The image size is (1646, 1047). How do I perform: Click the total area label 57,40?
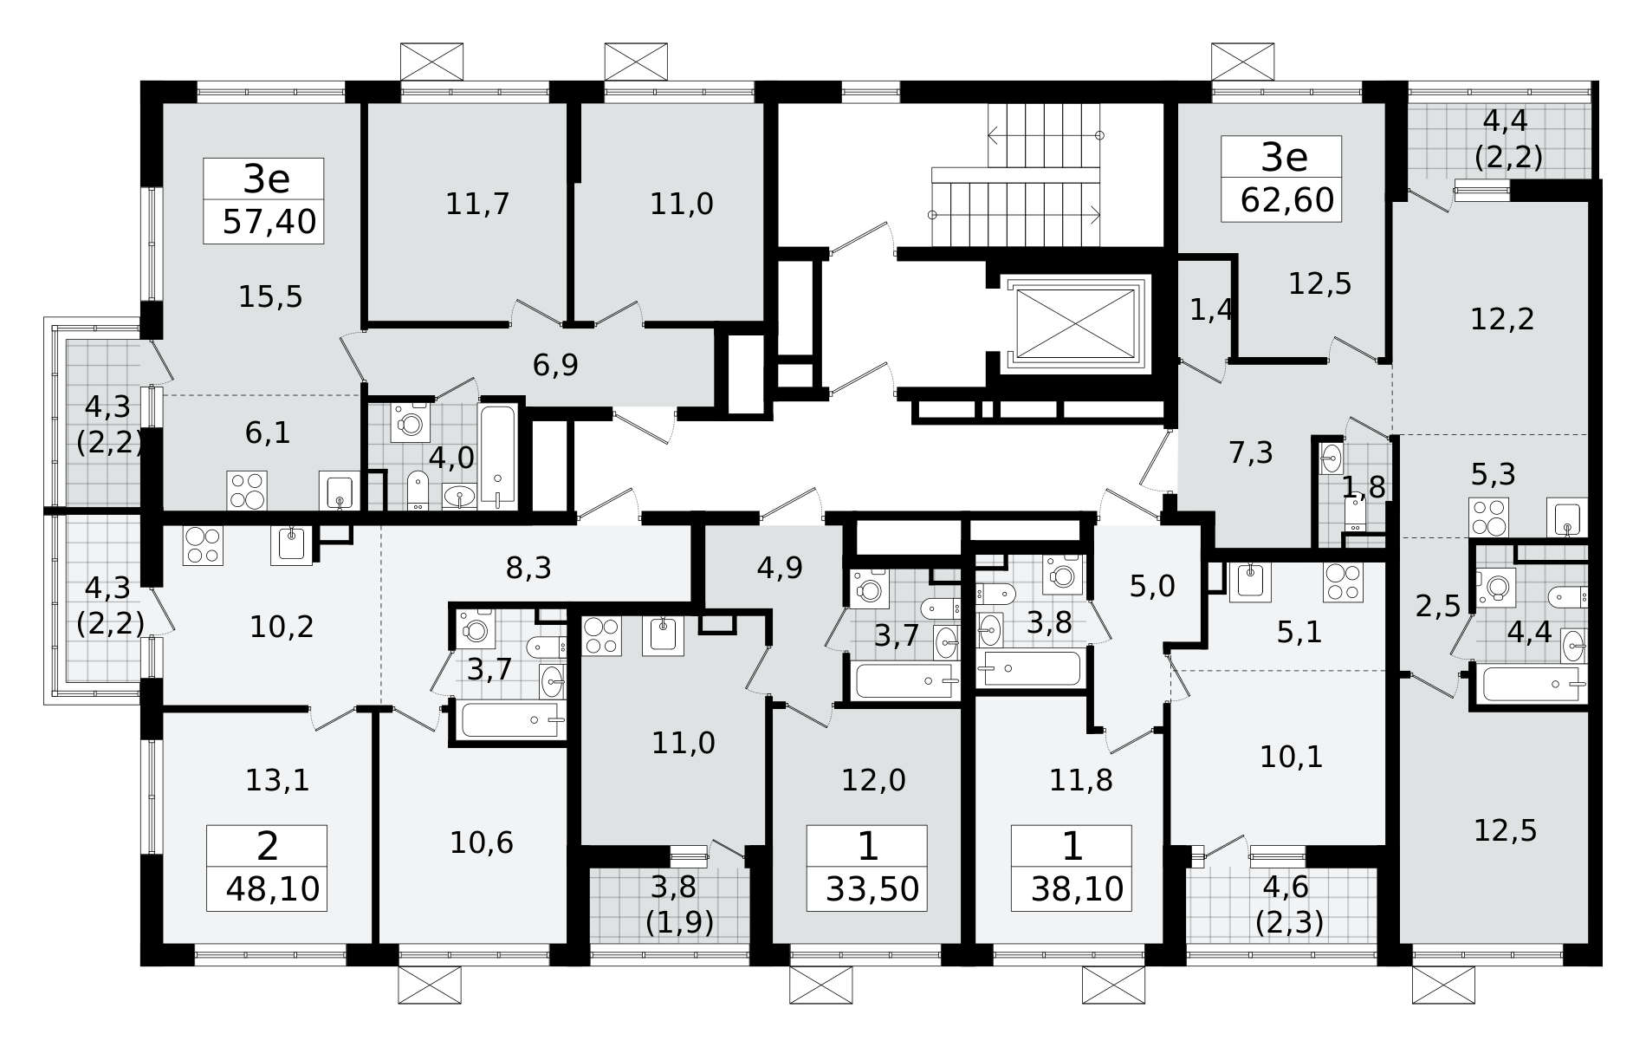(x=269, y=223)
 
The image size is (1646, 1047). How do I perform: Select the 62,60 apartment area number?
(x=1287, y=201)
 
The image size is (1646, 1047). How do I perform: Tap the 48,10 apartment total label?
(x=273, y=889)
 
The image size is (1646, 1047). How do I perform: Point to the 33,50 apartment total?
(x=872, y=889)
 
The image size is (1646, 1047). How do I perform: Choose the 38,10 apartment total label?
(x=1079, y=889)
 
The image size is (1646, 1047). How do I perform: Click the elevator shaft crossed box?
(x=1075, y=322)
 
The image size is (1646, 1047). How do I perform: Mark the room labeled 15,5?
(x=270, y=297)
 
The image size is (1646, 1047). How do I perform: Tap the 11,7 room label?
(x=477, y=205)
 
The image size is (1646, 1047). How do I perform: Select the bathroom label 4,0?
(x=451, y=458)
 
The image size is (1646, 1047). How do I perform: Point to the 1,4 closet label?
(x=1211, y=309)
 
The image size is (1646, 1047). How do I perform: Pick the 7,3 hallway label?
(x=1251, y=452)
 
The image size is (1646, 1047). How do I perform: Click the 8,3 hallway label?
(x=528, y=569)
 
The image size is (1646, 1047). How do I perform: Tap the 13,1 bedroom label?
(x=277, y=781)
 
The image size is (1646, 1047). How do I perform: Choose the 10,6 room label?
(x=482, y=842)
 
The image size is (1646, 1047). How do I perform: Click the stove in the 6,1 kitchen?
(x=247, y=490)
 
